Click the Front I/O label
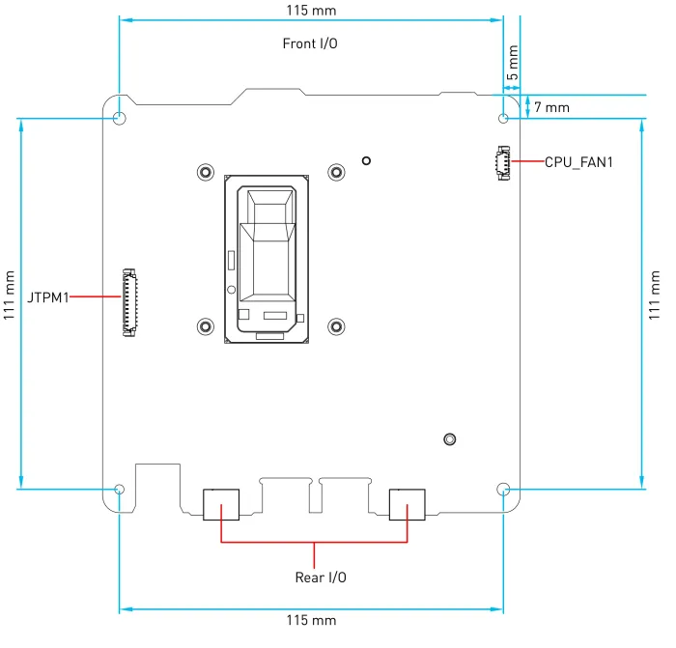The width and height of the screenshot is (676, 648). click(x=310, y=43)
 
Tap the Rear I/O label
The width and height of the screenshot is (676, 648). click(x=320, y=578)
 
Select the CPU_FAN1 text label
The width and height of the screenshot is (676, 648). click(x=578, y=162)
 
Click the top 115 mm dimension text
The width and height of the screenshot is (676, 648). click(x=312, y=11)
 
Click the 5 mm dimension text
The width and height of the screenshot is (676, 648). click(x=512, y=63)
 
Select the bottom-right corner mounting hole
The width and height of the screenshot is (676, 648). click(x=503, y=489)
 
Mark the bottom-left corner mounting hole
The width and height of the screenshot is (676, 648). click(x=119, y=489)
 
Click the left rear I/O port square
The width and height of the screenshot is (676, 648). click(x=221, y=504)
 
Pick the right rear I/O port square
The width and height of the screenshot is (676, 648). click(x=407, y=504)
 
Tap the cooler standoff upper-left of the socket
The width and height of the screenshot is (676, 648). click(x=205, y=172)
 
